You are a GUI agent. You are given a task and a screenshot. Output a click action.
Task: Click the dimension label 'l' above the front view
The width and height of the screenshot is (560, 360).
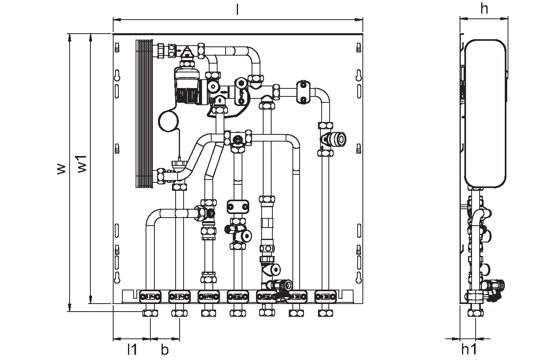coord(238,10)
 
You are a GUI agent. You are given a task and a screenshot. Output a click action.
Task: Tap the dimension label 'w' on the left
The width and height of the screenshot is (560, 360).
coord(60,169)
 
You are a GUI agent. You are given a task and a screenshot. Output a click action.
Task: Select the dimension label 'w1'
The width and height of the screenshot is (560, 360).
coord(82,165)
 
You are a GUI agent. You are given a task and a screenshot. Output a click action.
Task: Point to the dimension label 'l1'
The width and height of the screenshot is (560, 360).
coord(132,350)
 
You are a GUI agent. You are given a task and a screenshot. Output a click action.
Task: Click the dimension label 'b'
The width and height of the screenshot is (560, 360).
coord(165,350)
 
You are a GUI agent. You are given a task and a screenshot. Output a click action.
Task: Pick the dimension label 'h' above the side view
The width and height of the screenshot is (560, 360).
coord(484,8)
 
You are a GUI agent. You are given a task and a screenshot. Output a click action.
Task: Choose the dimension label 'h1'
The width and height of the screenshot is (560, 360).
coord(469,349)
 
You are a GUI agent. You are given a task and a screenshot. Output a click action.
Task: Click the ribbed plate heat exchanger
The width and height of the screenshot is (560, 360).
coord(145,114)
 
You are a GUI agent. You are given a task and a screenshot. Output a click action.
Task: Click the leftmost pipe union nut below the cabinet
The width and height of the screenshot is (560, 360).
coord(150,313)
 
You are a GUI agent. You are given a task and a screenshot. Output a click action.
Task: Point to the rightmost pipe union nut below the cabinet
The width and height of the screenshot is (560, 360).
coord(324,313)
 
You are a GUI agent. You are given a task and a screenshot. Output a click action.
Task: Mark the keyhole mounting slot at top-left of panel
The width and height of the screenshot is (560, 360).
coord(117,75)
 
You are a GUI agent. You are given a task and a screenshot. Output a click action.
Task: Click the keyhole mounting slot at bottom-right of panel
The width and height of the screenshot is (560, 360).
coord(358,277)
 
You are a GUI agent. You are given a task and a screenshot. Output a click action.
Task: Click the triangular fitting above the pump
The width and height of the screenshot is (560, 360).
coord(187,52)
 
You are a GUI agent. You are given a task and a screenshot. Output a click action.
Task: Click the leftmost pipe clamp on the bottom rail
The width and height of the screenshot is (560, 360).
coord(150,297)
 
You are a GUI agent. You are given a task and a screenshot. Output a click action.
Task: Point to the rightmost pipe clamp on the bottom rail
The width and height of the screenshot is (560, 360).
coord(324,297)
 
